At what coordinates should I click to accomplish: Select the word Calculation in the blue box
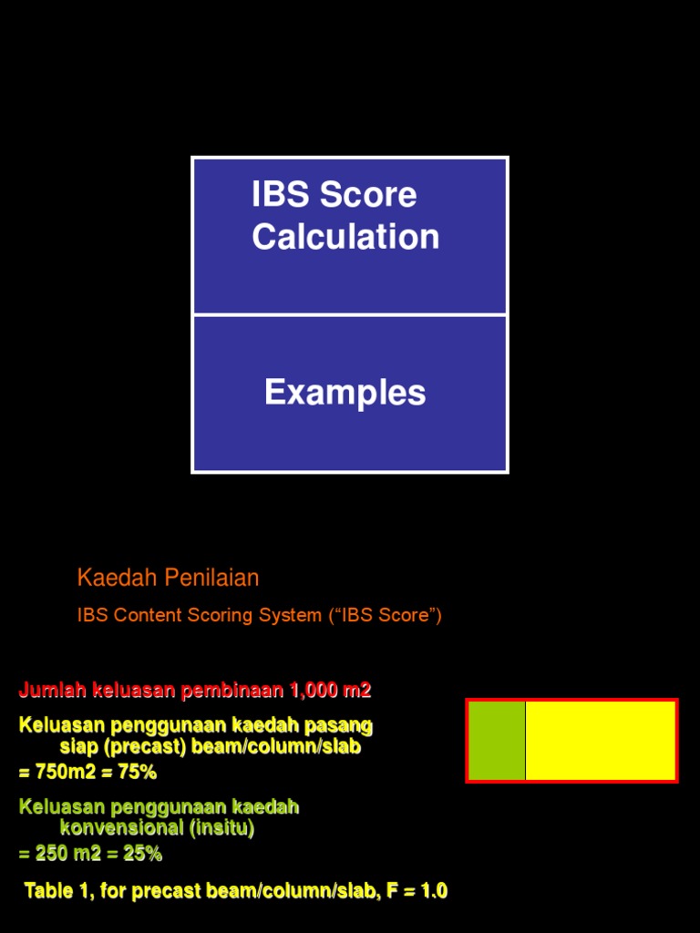pyautogui.click(x=345, y=237)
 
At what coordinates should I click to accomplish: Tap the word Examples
pyautogui.click(x=345, y=393)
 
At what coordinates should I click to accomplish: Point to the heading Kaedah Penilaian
pyautogui.click(x=169, y=578)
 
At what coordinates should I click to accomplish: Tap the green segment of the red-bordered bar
pyautogui.click(x=498, y=741)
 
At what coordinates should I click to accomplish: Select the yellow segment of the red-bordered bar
pyautogui.click(x=601, y=741)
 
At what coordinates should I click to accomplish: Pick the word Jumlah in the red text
pyautogui.click(x=52, y=691)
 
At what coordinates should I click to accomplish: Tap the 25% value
pyautogui.click(x=143, y=855)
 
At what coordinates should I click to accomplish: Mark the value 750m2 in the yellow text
pyautogui.click(x=60, y=773)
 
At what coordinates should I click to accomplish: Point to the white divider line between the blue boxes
pyautogui.click(x=350, y=315)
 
